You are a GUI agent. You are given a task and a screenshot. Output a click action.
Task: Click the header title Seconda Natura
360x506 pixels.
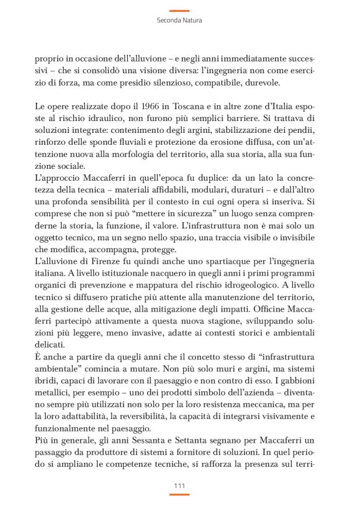coord(179,20)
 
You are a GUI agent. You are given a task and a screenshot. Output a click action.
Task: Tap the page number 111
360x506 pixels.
coord(179,486)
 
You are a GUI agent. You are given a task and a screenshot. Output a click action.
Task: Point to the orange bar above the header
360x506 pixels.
coord(179,11)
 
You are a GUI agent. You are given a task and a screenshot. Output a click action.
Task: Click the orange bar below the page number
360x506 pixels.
coord(179,495)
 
